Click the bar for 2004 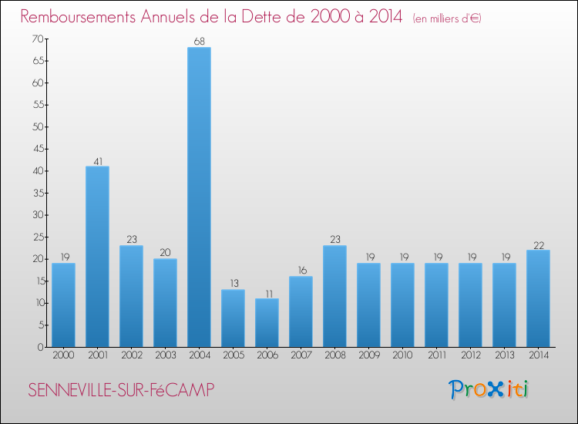tap(199, 197)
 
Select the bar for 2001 tap(97, 257)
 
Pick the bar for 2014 tap(538, 298)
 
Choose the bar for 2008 tap(334, 296)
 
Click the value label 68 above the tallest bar tap(199, 42)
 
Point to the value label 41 tap(97, 161)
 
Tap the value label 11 tap(267, 293)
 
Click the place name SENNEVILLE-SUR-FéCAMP tap(121, 391)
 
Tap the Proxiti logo tap(489, 389)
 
